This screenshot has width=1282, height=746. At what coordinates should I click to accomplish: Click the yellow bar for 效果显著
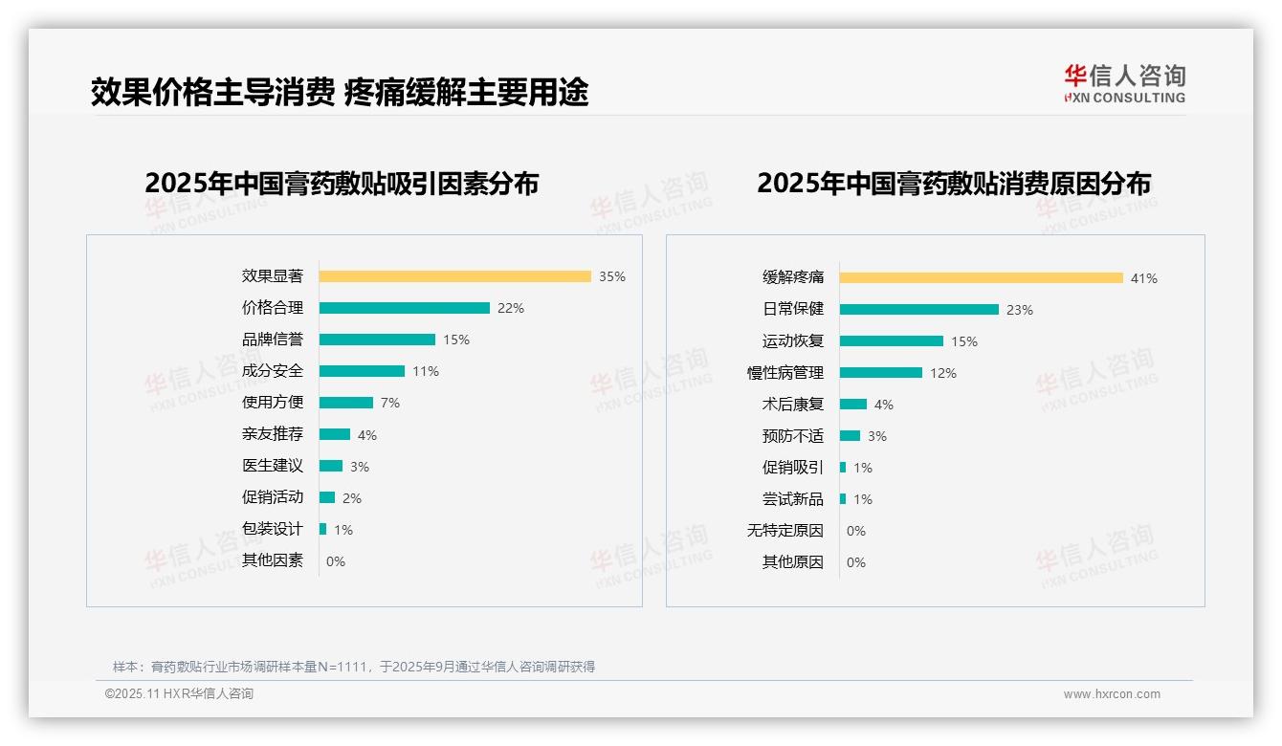pyautogui.click(x=454, y=276)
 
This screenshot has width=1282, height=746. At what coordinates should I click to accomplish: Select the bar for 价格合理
pyautogui.click(x=404, y=308)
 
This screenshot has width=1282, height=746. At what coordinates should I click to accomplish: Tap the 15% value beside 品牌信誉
pyautogui.click(x=456, y=340)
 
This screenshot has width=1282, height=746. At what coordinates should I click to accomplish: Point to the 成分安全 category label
pyautogui.click(x=273, y=371)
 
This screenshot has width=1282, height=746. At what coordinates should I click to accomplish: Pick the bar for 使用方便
pyautogui.click(x=345, y=403)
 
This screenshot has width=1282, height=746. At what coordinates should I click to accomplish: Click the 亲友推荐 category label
pyautogui.click(x=273, y=434)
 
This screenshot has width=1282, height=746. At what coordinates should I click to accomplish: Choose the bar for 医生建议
pyautogui.click(x=331, y=466)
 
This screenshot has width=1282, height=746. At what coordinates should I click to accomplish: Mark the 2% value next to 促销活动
pyautogui.click(x=352, y=498)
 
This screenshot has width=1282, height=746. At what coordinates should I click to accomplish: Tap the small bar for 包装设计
pyautogui.click(x=323, y=529)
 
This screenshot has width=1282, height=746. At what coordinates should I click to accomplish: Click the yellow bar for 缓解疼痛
pyautogui.click(x=981, y=278)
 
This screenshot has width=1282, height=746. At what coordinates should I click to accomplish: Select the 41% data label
pyautogui.click(x=1144, y=278)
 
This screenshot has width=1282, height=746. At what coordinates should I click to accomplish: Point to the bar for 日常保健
pyautogui.click(x=918, y=310)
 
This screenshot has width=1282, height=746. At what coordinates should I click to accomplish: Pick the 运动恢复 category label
pyautogui.click(x=792, y=341)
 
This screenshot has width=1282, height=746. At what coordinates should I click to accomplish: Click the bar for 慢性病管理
pyautogui.click(x=880, y=373)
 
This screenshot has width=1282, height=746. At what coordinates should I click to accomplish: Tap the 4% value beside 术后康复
pyautogui.click(x=884, y=405)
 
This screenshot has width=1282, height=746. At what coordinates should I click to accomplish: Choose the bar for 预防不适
pyautogui.click(x=850, y=436)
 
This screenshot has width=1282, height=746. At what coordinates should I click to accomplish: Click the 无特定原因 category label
pyautogui.click(x=785, y=531)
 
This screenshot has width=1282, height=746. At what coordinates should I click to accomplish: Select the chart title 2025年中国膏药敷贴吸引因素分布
pyautogui.click(x=342, y=183)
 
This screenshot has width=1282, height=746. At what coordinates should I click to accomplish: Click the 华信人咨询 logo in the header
pyautogui.click(x=1124, y=83)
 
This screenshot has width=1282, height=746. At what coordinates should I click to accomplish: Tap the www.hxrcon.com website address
pyautogui.click(x=1112, y=694)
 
